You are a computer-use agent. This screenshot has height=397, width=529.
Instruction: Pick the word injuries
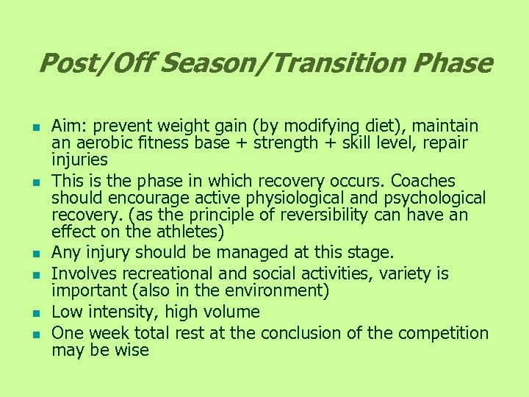click(79, 160)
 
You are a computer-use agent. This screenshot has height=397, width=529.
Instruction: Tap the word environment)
click(278, 291)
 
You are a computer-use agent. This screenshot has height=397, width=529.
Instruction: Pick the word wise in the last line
click(133, 350)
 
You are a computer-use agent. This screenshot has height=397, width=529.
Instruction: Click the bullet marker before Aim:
click(35, 127)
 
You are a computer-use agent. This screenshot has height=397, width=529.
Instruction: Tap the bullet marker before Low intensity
click(35, 313)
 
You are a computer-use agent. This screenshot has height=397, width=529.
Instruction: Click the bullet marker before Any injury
click(35, 254)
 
